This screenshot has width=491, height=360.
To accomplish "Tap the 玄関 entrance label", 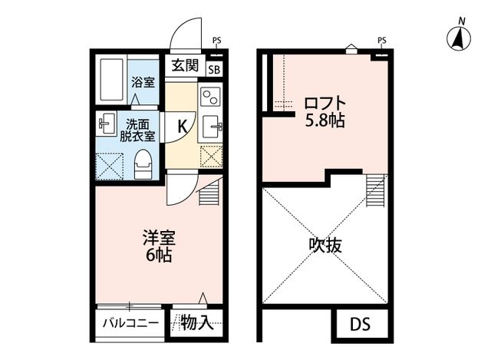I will [x=184, y=64].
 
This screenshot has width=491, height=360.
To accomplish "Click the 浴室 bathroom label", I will [x=142, y=81].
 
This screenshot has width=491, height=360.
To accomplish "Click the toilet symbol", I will [x=143, y=162].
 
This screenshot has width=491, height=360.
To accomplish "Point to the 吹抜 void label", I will [x=325, y=246].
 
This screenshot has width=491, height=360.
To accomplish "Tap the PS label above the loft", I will [x=381, y=40].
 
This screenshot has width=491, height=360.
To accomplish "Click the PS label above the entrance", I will [x=217, y=41].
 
